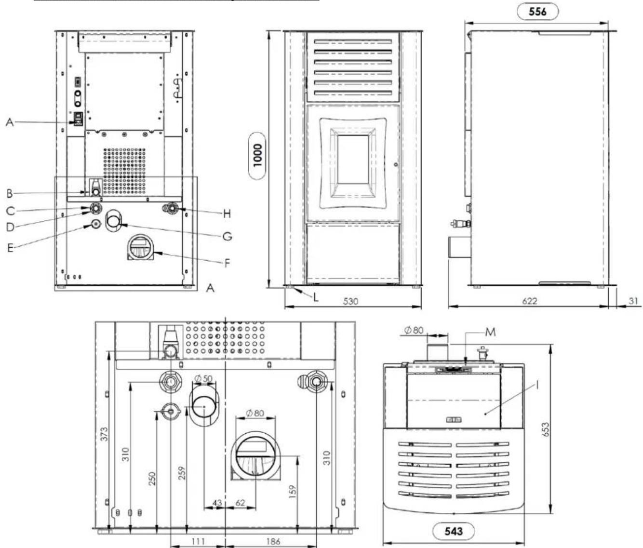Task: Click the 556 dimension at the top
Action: [537, 12]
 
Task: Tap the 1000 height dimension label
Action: [258, 156]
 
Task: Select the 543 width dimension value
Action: [454, 531]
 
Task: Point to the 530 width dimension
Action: [350, 301]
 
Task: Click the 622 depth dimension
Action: [529, 301]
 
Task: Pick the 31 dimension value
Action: [633, 301]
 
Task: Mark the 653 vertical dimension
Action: [546, 429]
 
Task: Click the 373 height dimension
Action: [105, 434]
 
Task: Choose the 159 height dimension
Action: [293, 492]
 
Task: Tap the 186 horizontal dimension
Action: [273, 541]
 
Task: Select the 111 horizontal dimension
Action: [198, 541]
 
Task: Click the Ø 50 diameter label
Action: [203, 378]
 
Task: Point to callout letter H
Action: [227, 214]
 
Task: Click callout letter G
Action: [228, 237]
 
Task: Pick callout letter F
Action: [228, 264]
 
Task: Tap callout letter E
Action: [11, 248]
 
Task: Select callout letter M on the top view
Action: [490, 333]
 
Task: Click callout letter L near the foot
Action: [316, 298]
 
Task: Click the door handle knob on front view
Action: [396, 164]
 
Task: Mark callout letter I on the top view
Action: [537, 386]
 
